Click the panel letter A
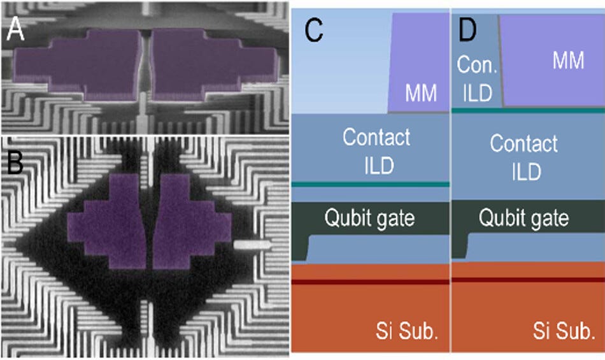[15, 29]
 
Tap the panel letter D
[468, 29]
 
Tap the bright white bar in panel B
[252, 244]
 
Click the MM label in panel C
[421, 94]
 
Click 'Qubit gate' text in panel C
[369, 219]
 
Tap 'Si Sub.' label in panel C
[408, 332]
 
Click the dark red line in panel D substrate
[527, 280]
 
